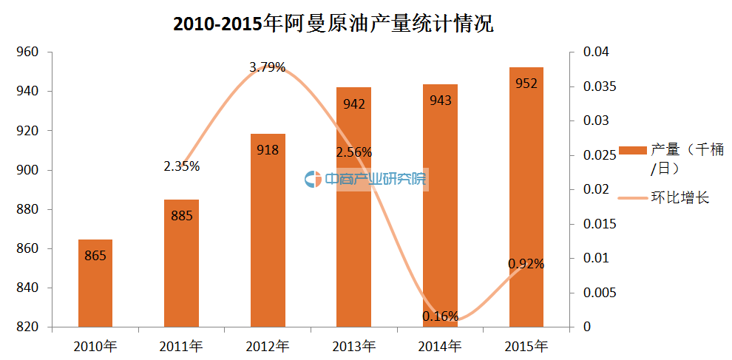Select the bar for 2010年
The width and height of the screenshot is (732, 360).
(95, 283)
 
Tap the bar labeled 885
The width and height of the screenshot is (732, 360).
(181, 263)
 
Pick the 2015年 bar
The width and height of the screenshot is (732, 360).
(526, 197)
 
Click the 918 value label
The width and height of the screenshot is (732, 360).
(268, 150)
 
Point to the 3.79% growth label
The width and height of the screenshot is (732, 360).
(268, 67)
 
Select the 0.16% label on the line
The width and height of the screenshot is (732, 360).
(441, 316)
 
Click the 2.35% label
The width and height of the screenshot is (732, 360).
(182, 166)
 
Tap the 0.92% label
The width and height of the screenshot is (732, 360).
(526, 263)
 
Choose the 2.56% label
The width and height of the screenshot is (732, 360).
(354, 152)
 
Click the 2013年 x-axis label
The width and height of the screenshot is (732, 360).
(354, 345)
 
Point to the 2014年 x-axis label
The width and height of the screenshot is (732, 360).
(440, 345)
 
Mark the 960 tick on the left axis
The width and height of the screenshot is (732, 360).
(27, 52)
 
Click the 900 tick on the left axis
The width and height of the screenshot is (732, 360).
(27, 170)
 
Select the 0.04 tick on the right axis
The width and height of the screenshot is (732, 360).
(594, 52)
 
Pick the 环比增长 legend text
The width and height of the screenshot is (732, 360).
(680, 197)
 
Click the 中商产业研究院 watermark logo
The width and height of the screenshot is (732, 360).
(365, 179)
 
